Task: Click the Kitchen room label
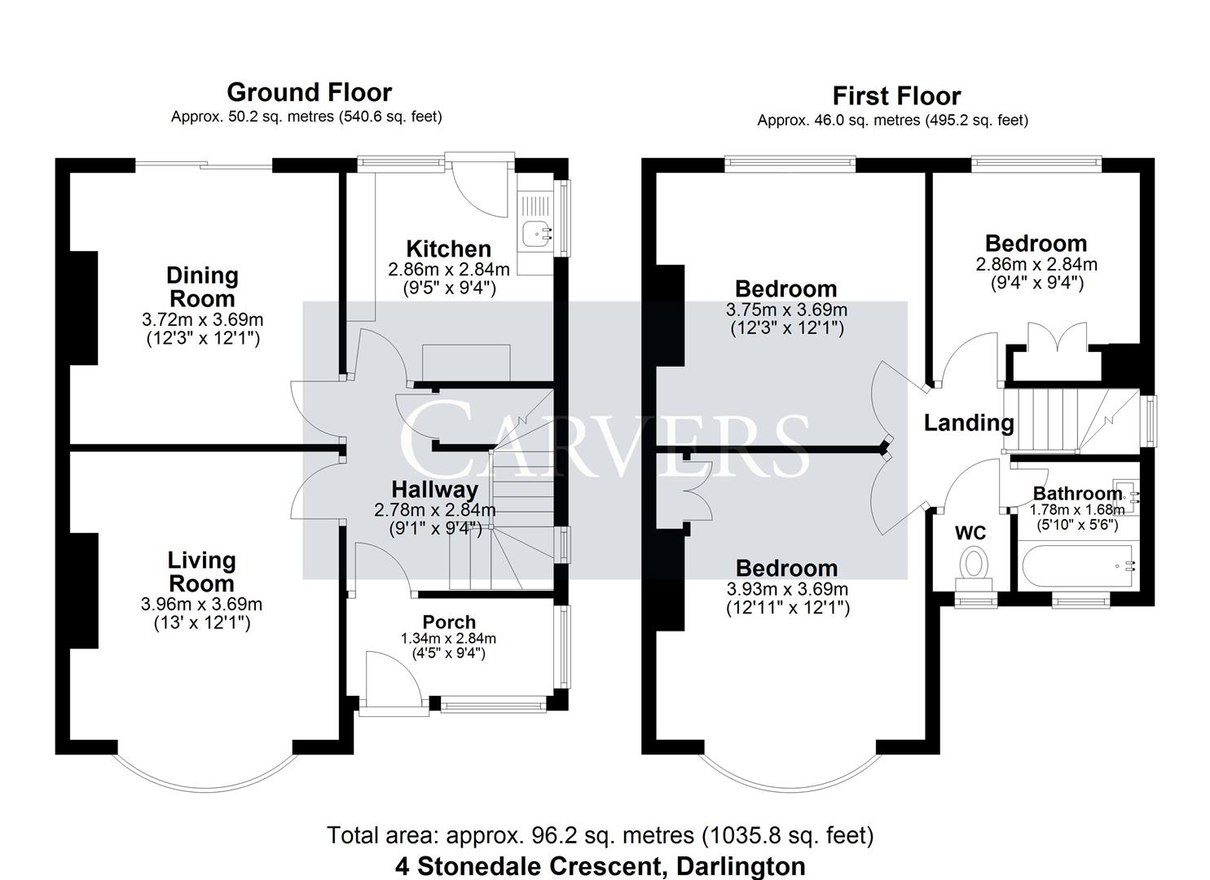tap(448, 249)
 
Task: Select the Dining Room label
tap(202, 287)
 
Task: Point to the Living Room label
tap(201, 572)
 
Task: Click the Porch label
tap(448, 623)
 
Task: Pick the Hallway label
tap(434, 490)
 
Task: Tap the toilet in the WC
tap(974, 566)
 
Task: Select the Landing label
tap(968, 423)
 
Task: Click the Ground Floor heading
tap(309, 92)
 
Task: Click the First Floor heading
tap(896, 96)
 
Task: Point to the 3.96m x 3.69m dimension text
tap(201, 604)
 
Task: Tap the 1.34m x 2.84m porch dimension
tap(448, 639)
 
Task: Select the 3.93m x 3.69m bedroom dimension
tap(786, 589)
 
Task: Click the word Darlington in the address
tap(741, 865)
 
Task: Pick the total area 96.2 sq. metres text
tap(600, 835)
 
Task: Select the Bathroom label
tap(1077, 494)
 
